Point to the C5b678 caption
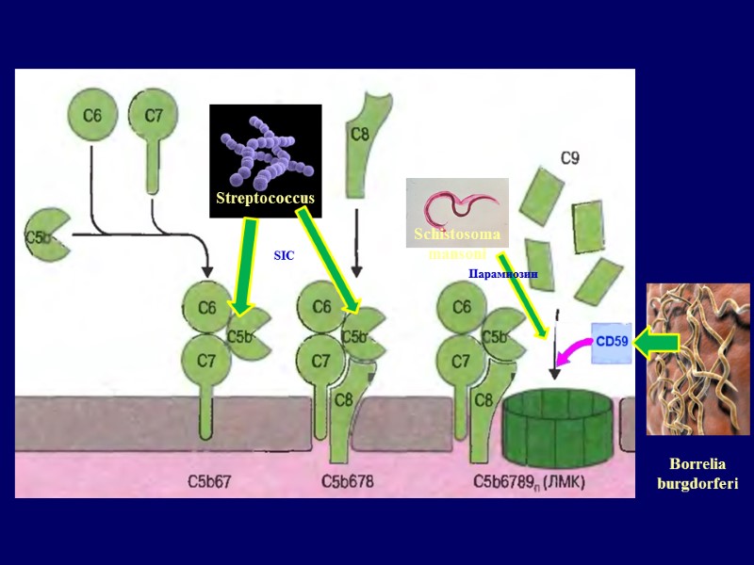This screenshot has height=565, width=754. point(349,482)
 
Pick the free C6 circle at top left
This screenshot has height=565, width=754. point(91,117)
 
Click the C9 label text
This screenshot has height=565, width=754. point(570,159)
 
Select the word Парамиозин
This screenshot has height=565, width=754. point(502,274)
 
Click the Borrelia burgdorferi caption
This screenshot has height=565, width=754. point(697,474)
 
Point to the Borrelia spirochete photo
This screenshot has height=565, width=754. point(698,358)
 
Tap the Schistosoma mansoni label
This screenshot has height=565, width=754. point(456,244)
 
